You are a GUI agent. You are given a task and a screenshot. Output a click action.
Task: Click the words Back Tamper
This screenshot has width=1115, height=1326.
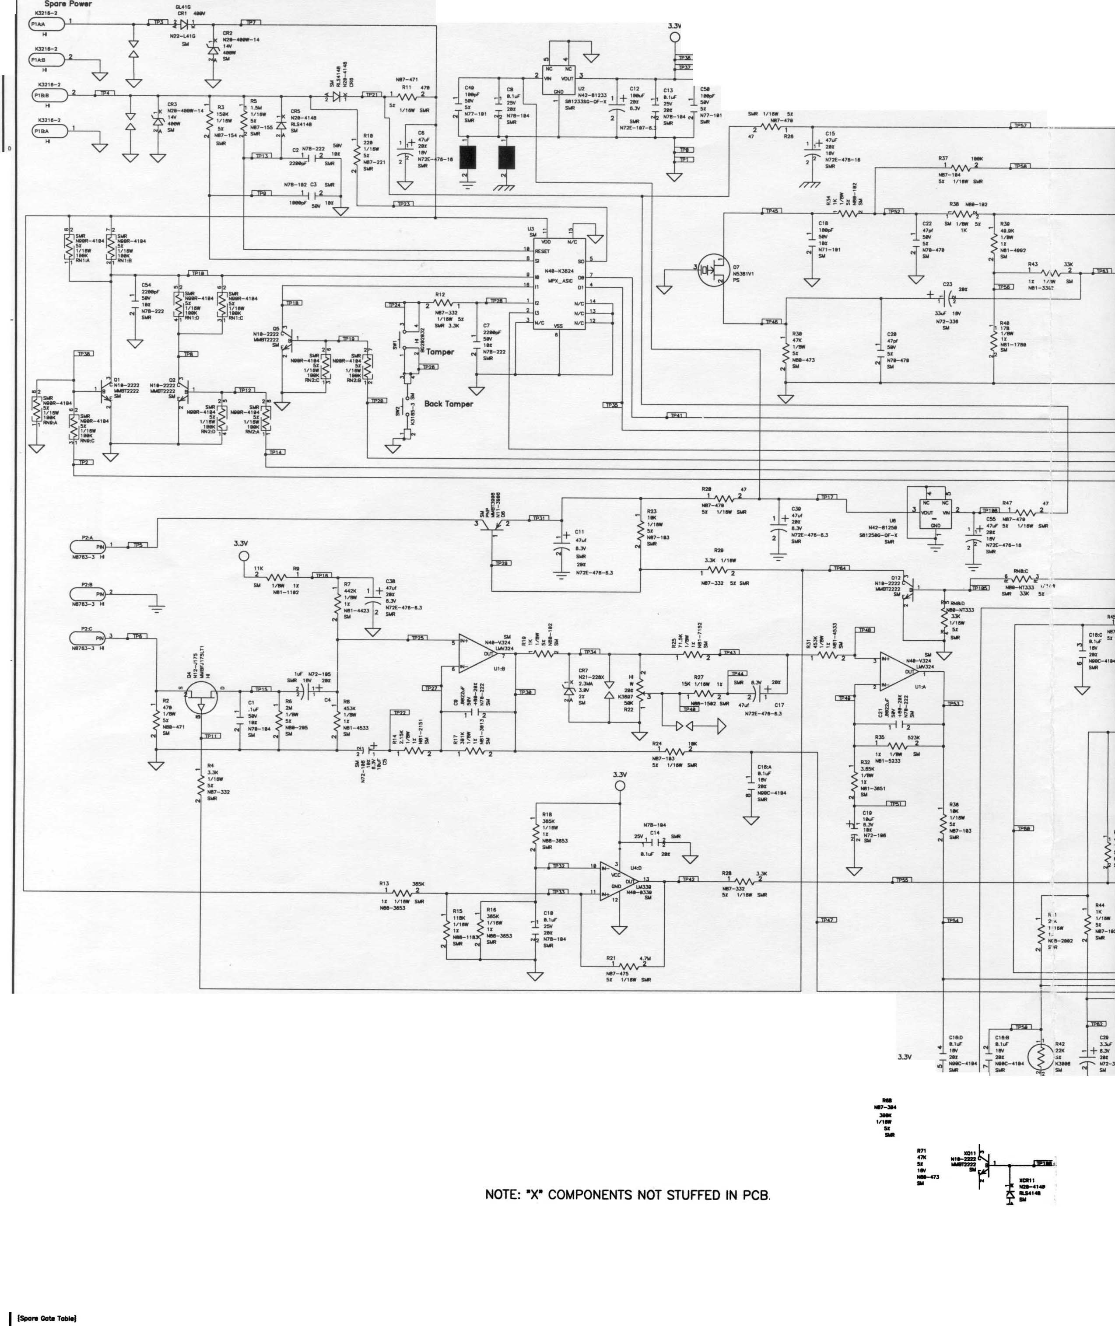pyautogui.click(x=448, y=404)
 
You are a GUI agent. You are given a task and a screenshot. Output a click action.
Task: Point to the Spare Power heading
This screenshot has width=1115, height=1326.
pyautogui.click(x=68, y=4)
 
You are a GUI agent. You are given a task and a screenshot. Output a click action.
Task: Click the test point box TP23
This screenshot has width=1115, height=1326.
pyautogui.click(x=403, y=204)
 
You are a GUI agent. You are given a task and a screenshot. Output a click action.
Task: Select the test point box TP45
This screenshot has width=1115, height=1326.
pyautogui.click(x=772, y=211)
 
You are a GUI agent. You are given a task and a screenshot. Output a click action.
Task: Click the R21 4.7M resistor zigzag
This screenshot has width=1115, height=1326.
pyautogui.click(x=628, y=967)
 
